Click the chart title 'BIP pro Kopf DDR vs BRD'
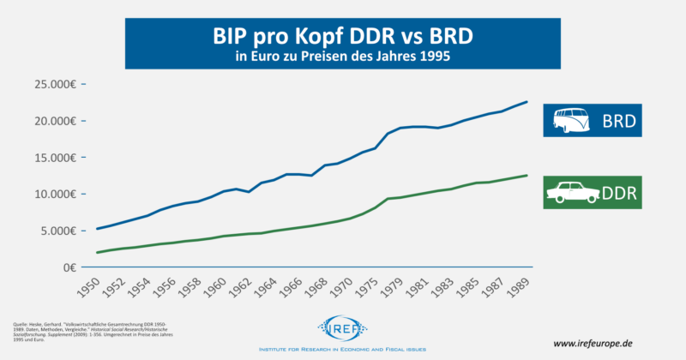point(342,38)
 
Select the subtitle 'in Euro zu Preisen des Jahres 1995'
point(342,58)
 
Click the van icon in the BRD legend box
point(573,122)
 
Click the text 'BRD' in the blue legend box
point(618,122)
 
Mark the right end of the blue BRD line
point(527,102)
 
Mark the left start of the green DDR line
point(98,252)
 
